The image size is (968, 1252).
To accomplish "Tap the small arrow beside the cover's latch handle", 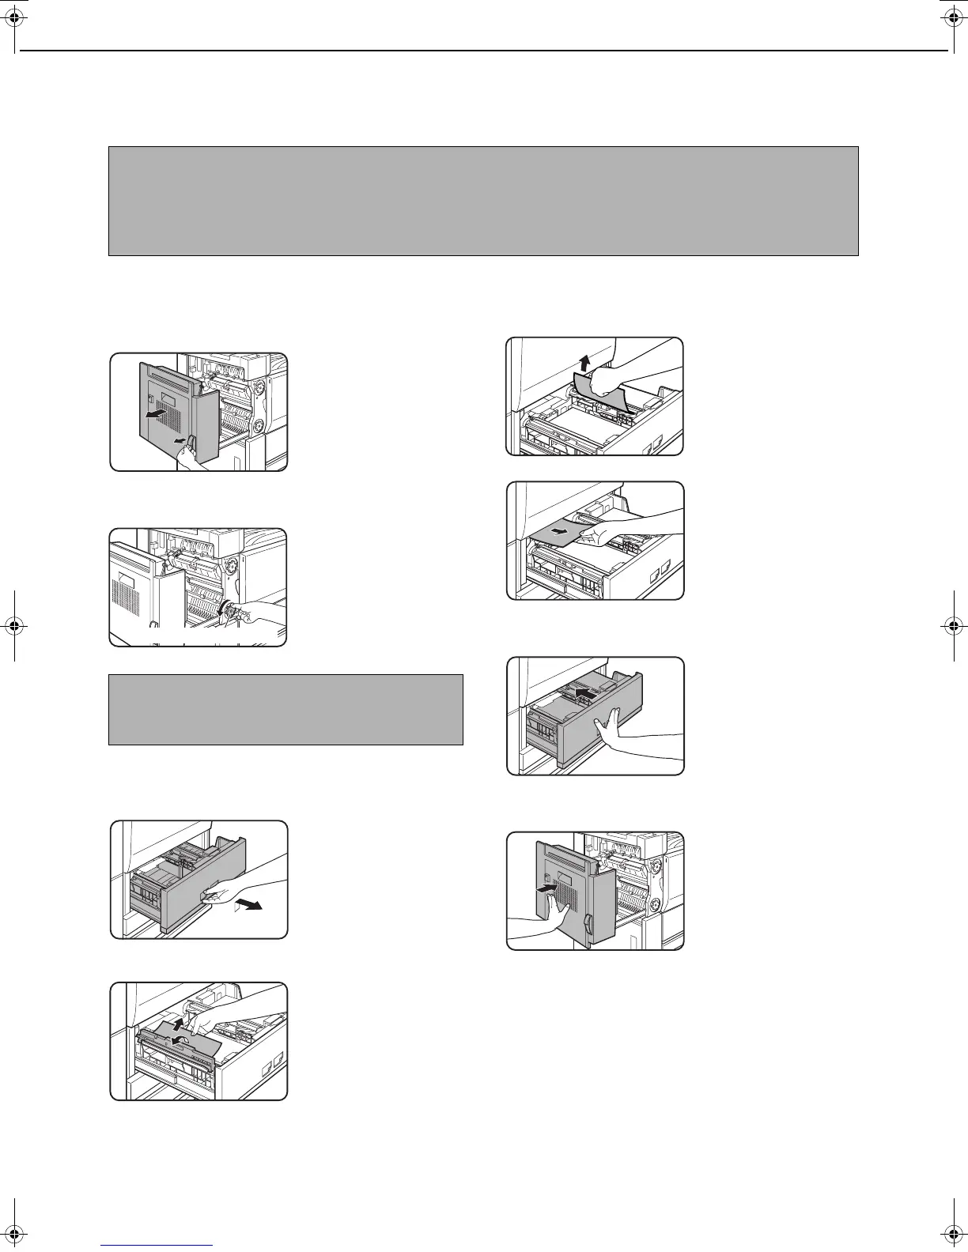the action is tap(180, 439).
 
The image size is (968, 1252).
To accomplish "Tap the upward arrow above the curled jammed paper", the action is tap(584, 364).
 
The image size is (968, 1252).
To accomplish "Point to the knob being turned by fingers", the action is tap(232, 611).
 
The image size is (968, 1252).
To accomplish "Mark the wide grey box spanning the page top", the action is tap(483, 201).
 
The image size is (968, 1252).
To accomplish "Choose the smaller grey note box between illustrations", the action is tap(285, 709).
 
